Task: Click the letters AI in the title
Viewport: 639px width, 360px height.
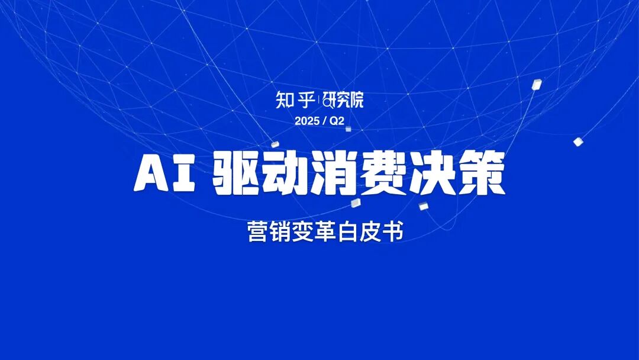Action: [x=165, y=174]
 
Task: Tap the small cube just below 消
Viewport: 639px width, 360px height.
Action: [x=355, y=203]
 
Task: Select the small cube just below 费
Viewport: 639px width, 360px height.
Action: [x=423, y=206]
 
